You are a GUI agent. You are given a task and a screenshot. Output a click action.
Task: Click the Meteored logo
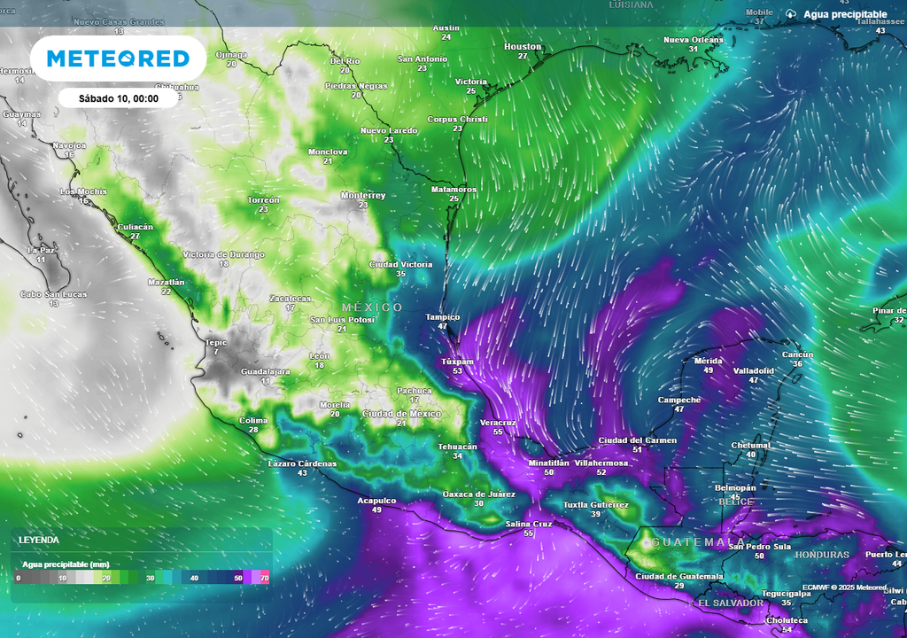pyautogui.click(x=118, y=58)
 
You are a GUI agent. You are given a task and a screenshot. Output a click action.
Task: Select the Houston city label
pyautogui.click(x=523, y=46)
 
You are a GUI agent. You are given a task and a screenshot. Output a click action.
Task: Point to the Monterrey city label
pyautogui.click(x=363, y=195)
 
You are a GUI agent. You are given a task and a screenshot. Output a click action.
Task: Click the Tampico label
pyautogui.click(x=442, y=316)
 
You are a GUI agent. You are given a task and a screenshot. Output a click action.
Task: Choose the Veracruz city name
pyautogui.click(x=498, y=423)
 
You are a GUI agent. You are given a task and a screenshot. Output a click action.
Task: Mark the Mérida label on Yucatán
pyautogui.click(x=709, y=361)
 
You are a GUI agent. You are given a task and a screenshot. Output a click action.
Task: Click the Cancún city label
pyautogui.click(x=797, y=354)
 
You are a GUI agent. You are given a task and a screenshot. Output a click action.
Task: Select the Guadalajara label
pyautogui.click(x=266, y=371)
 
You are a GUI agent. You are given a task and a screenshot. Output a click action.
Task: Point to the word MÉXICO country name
pyautogui.click(x=372, y=307)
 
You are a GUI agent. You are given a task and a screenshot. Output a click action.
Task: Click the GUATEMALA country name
pyautogui.click(x=699, y=541)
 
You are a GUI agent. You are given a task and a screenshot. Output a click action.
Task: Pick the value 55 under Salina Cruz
pyautogui.click(x=529, y=533)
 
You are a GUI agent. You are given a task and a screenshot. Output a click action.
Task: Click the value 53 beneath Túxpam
pyautogui.click(x=457, y=370)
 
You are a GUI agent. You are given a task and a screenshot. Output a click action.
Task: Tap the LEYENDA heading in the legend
pyautogui.click(x=39, y=539)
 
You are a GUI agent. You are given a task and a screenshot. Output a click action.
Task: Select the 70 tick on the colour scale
pyautogui.click(x=264, y=578)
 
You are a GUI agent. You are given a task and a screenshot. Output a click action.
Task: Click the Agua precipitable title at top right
pyautogui.click(x=845, y=15)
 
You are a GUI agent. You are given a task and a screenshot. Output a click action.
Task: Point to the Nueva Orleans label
pyautogui.click(x=694, y=40)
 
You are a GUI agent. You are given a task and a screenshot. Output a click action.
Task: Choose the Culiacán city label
pyautogui.click(x=136, y=227)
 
